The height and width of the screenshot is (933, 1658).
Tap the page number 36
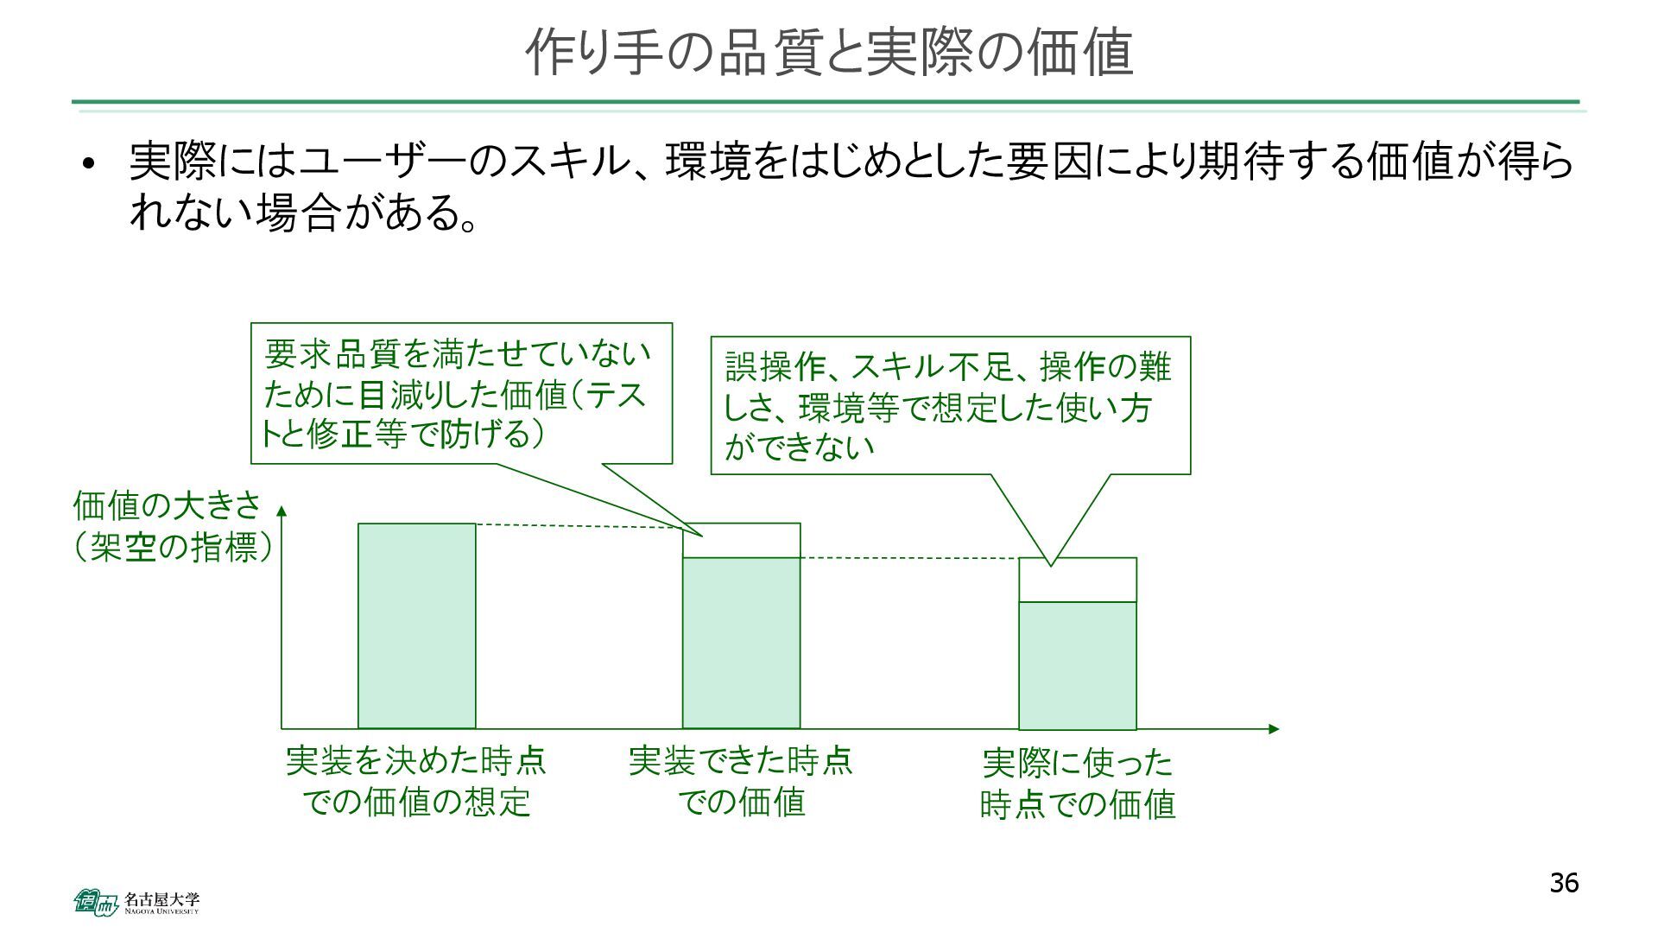1564,883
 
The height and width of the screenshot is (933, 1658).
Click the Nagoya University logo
136,902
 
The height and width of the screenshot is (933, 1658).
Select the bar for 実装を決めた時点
417,625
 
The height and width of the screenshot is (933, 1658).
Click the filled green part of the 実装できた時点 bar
741,643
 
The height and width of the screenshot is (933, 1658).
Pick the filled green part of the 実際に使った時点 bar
1077,665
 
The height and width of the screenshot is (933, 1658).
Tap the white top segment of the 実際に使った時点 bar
1077,581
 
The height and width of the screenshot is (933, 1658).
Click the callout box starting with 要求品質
461,394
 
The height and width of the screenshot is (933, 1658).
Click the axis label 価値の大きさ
166,505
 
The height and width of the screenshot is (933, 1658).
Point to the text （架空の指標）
173,547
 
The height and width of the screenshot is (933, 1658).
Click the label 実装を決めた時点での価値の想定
416,781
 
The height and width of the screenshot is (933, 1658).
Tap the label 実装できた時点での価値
741,781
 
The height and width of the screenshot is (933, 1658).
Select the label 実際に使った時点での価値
1078,784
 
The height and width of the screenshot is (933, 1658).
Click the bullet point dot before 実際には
87,164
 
